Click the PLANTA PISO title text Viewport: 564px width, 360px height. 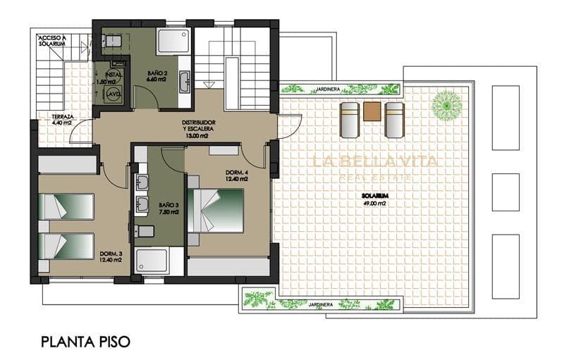click(86, 342)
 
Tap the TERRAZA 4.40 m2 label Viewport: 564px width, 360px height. click(53, 120)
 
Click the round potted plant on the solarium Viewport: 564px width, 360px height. click(447, 105)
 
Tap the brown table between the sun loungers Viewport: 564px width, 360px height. click(372, 111)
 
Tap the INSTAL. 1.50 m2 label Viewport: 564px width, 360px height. click(115, 77)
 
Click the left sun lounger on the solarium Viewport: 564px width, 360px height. click(350, 119)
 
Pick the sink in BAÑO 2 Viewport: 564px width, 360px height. click(184, 80)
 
